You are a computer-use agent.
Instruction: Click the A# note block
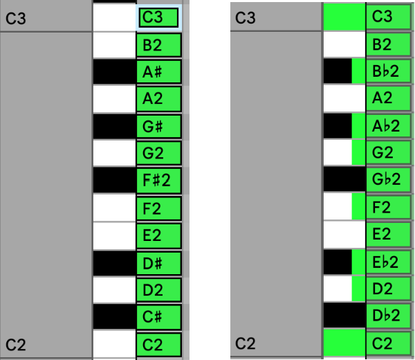point(158,72)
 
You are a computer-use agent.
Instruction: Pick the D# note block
point(158,262)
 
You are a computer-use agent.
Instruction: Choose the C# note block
point(158,316)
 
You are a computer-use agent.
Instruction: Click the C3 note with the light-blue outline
point(159,18)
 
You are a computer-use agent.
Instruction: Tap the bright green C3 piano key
point(344,17)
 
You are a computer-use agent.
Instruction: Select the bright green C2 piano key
point(344,343)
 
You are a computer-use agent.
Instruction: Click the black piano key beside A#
point(113,72)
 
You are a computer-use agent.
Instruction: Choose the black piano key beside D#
point(113,262)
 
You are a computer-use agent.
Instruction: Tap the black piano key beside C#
point(113,316)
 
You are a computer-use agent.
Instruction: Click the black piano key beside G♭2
point(344,180)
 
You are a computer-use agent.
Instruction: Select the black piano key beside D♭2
point(344,316)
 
